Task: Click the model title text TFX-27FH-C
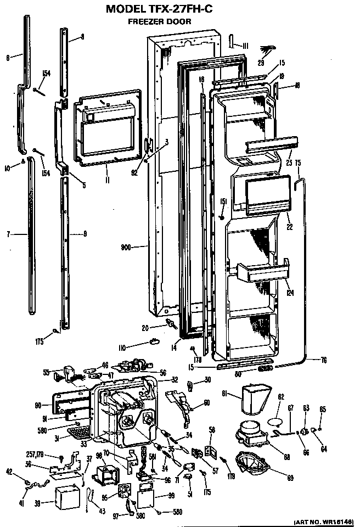coord(181,9)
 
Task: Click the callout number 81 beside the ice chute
coord(225,393)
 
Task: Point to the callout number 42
coord(25,471)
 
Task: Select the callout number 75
coord(299,162)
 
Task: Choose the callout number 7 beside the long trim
coord(9,235)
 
